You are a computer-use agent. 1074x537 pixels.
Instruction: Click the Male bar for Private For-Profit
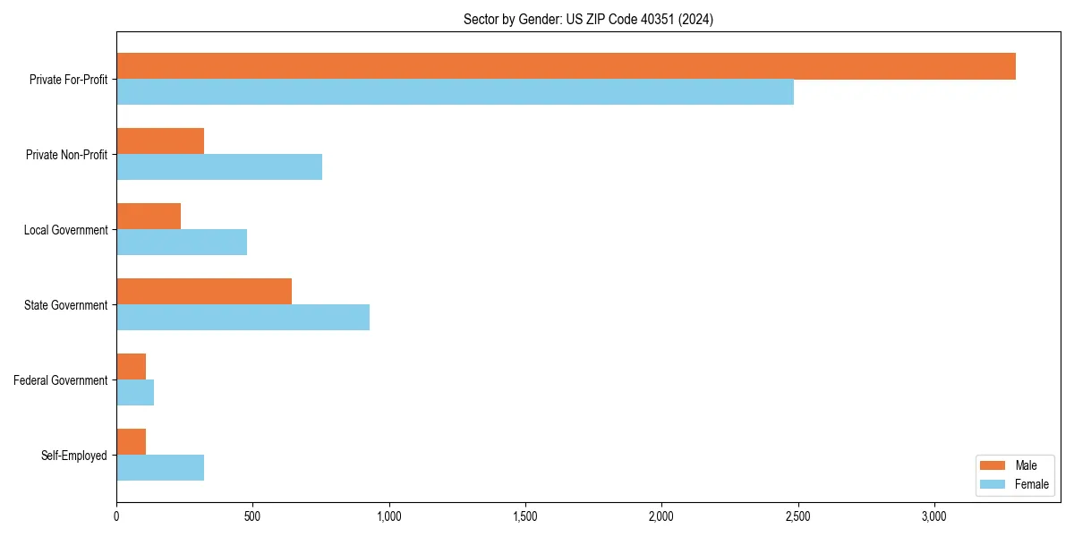[x=566, y=66]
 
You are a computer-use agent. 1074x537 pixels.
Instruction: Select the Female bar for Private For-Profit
[x=455, y=92]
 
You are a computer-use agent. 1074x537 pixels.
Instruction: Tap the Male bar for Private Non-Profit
[x=160, y=141]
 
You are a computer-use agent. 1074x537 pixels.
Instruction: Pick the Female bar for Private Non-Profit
[x=219, y=167]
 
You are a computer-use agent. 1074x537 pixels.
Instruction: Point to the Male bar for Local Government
[x=149, y=217]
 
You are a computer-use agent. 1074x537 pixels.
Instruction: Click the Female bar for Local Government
[x=182, y=243]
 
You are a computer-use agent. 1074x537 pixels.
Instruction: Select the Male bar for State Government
[x=204, y=292]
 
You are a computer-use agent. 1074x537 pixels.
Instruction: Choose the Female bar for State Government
[x=243, y=318]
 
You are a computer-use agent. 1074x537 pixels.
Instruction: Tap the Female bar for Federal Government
[x=135, y=393]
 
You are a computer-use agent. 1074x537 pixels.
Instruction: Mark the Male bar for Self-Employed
[x=131, y=442]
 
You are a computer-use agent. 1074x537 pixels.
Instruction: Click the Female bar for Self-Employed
[x=160, y=468]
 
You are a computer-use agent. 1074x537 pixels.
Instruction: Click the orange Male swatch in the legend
[x=993, y=465]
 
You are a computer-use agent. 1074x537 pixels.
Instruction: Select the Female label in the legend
[x=1032, y=484]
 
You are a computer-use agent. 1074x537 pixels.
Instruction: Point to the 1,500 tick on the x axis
[x=525, y=516]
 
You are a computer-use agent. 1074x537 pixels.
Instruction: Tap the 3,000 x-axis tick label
[x=933, y=516]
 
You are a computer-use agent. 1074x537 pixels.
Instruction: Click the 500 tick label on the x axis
[x=252, y=516]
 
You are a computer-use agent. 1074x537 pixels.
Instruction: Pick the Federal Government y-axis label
[x=61, y=380]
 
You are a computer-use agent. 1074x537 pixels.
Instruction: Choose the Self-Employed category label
[x=74, y=456]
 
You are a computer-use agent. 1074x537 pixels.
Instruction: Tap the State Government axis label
[x=66, y=305]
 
